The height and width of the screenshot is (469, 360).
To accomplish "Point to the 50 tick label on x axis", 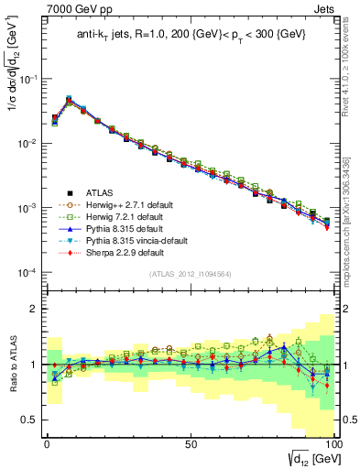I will click(190, 443).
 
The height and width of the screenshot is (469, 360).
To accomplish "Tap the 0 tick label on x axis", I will click(47, 443).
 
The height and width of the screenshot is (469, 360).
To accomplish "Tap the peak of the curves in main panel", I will click(69, 98).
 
